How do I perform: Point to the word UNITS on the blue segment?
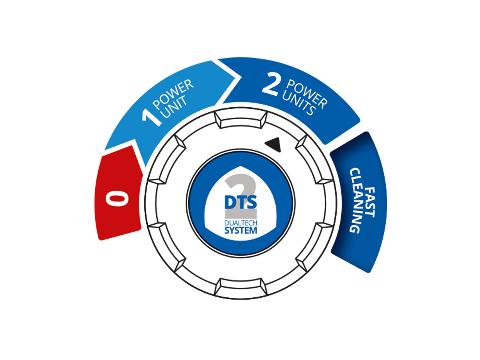coord(299,104)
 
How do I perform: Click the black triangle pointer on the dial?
coord(274,145)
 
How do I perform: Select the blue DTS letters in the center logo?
coord(241,202)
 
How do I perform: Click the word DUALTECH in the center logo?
coord(241,223)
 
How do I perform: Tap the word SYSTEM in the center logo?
coord(241,230)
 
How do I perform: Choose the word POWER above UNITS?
coord(307,95)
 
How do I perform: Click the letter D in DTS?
coord(229,202)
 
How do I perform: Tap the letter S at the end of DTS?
coord(251,202)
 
